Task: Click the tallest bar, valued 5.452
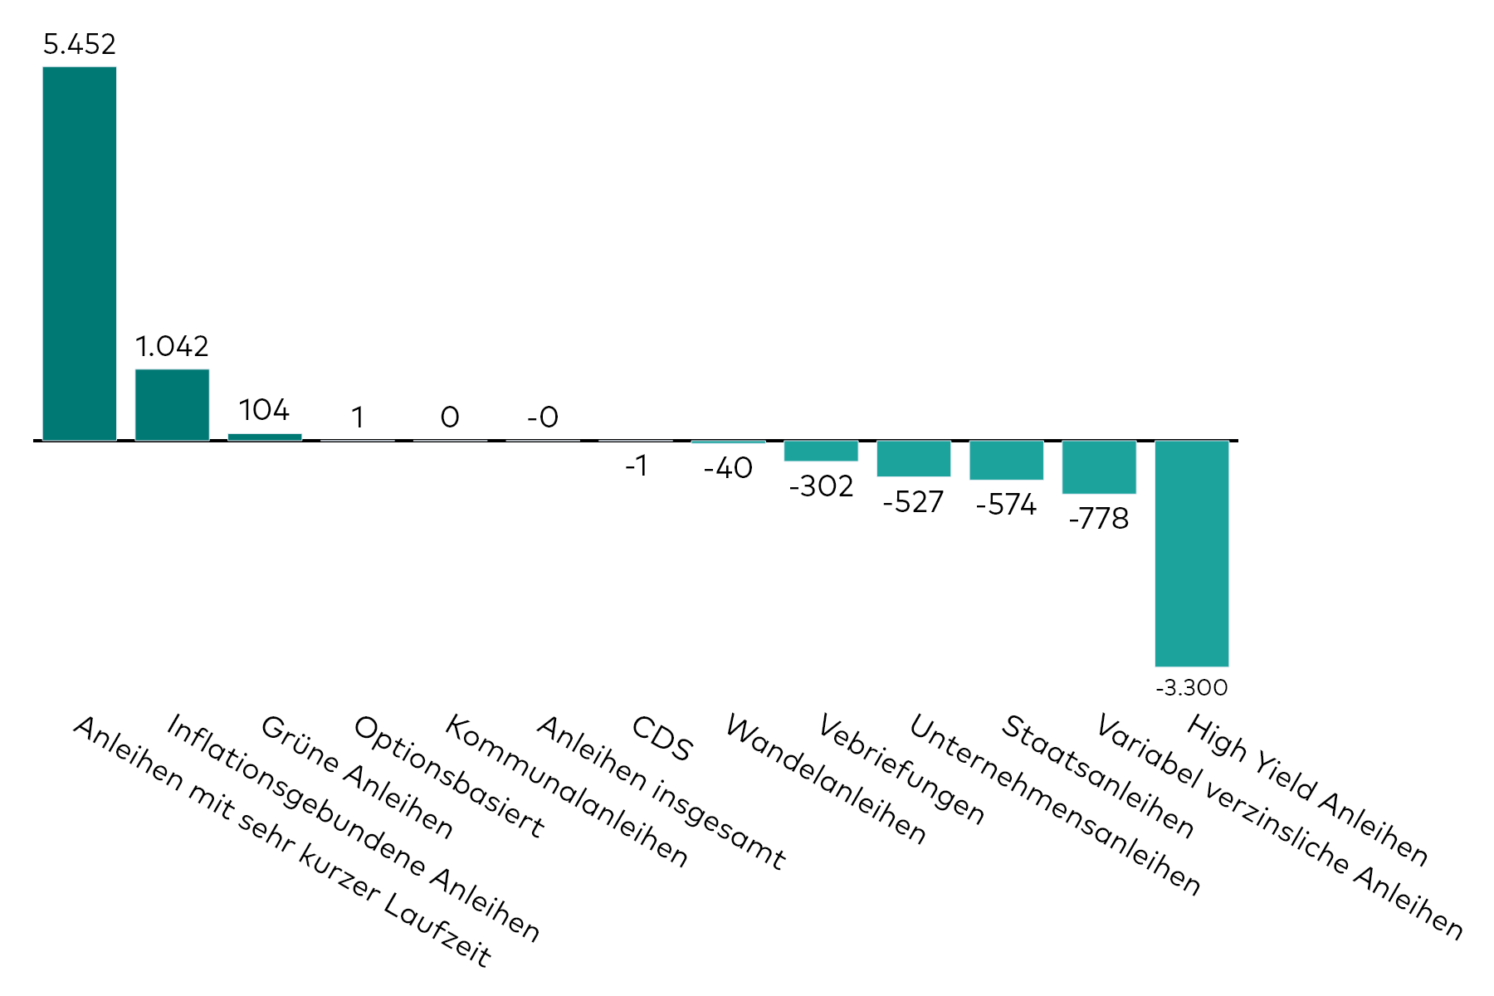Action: tap(80, 253)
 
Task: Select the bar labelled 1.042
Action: tap(172, 404)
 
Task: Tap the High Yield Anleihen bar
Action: tap(1191, 553)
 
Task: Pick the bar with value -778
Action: tap(1099, 467)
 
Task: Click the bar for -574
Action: tap(1006, 460)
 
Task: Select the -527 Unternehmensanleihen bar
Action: tap(914, 458)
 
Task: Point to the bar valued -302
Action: tap(821, 451)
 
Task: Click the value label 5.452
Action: tap(80, 45)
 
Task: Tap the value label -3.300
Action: tap(1191, 688)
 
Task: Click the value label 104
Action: tap(264, 410)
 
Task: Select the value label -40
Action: tap(728, 469)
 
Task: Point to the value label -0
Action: tap(543, 417)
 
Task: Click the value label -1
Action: tap(636, 467)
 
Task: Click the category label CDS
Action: tap(662, 739)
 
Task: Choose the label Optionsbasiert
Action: tap(449, 776)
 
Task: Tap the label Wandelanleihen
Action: tap(826, 779)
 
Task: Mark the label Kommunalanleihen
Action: tap(567, 791)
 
